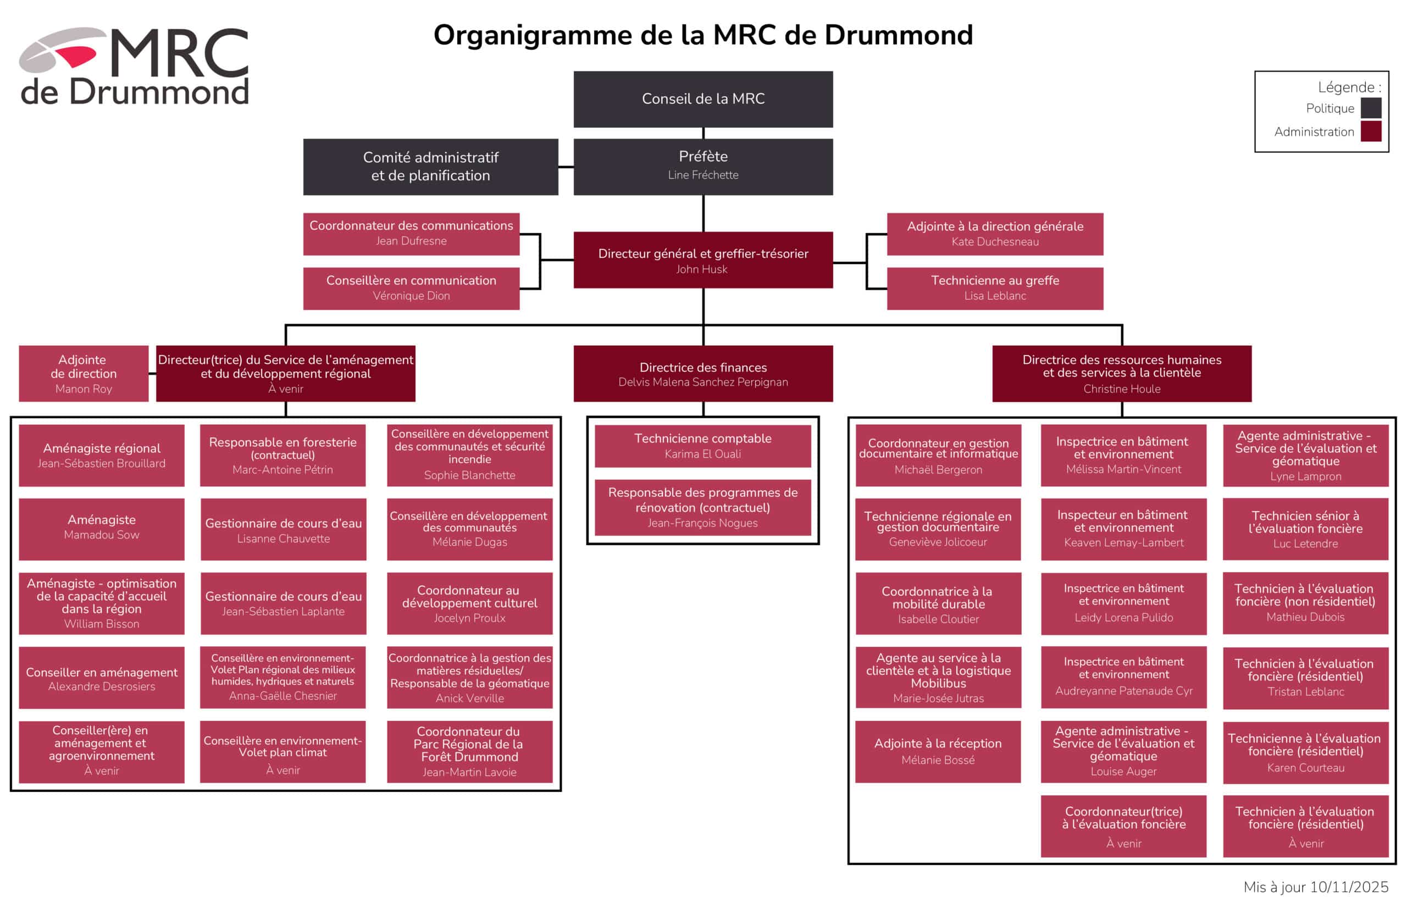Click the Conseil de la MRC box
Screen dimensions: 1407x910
click(702, 99)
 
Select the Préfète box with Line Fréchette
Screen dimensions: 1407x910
click(702, 167)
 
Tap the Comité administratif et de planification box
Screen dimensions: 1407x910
click(430, 167)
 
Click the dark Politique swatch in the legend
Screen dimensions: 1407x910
click(1370, 108)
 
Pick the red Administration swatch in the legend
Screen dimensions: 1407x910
click(1370, 131)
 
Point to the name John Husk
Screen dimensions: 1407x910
click(701, 269)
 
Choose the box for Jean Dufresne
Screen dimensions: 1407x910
click(411, 234)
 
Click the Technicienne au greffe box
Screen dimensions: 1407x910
click(995, 288)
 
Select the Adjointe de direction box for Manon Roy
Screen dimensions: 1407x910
click(84, 374)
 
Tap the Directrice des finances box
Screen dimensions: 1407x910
click(702, 374)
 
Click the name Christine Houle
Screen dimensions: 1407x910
click(1122, 389)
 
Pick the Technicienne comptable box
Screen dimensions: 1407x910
click(702, 446)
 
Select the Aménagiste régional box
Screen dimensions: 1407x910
click(102, 456)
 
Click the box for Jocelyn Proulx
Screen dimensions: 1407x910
click(469, 603)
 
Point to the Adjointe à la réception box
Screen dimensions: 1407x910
click(938, 752)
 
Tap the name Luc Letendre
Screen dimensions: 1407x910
click(1305, 543)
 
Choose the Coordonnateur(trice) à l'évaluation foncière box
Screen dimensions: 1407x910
click(1123, 826)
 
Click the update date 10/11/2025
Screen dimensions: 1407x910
click(1349, 887)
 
